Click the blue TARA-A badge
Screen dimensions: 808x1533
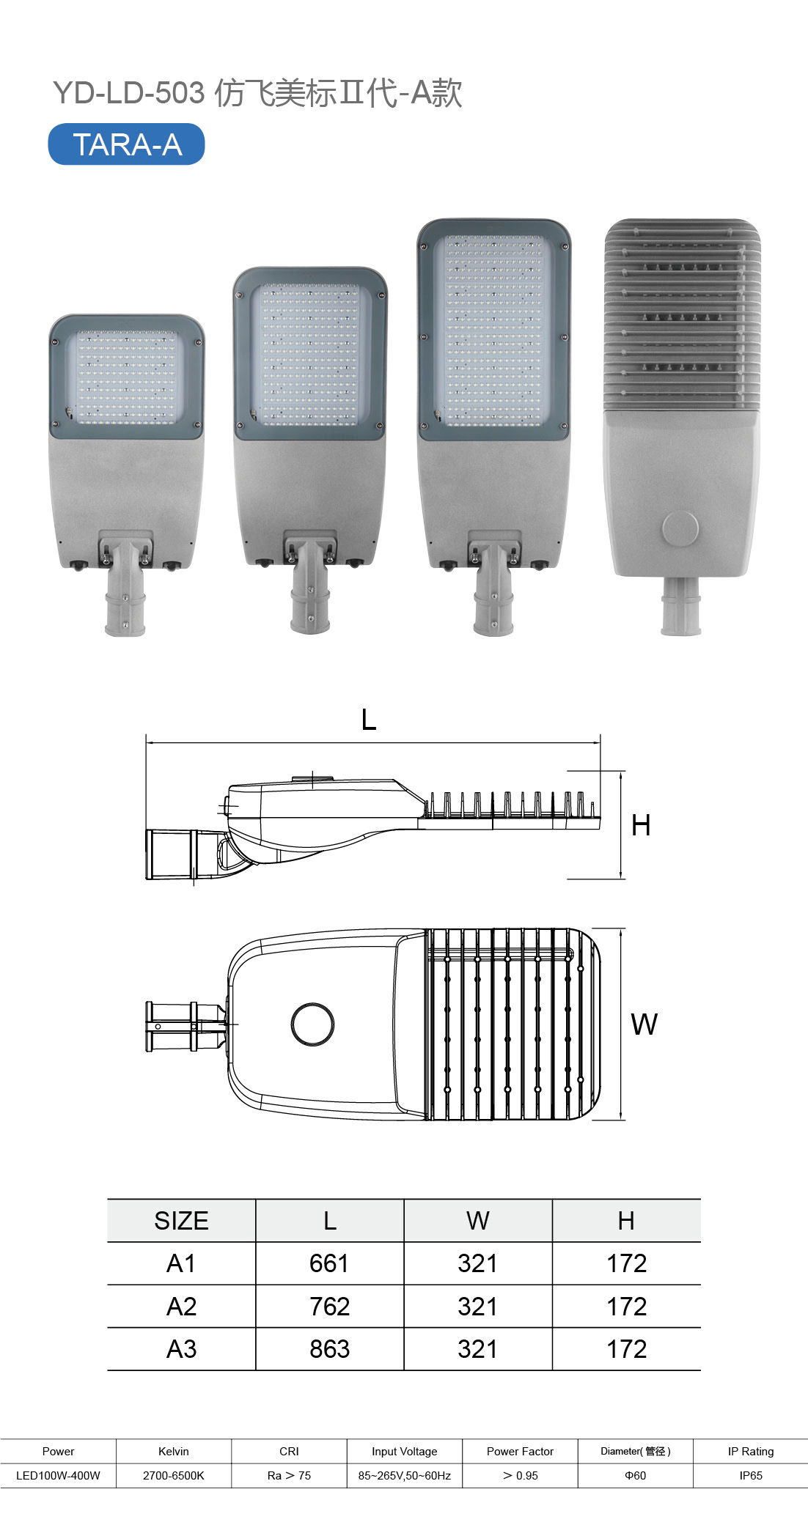click(126, 144)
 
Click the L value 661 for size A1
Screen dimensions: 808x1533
click(329, 1263)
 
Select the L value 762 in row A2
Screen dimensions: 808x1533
click(329, 1307)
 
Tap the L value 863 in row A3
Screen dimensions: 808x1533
click(329, 1349)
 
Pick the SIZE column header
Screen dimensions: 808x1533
click(181, 1221)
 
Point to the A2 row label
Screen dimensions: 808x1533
click(181, 1307)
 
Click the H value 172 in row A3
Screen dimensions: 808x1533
click(626, 1349)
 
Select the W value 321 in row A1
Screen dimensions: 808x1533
click(477, 1263)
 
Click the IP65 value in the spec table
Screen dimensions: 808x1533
click(751, 1475)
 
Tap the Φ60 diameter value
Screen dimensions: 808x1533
click(635, 1475)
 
